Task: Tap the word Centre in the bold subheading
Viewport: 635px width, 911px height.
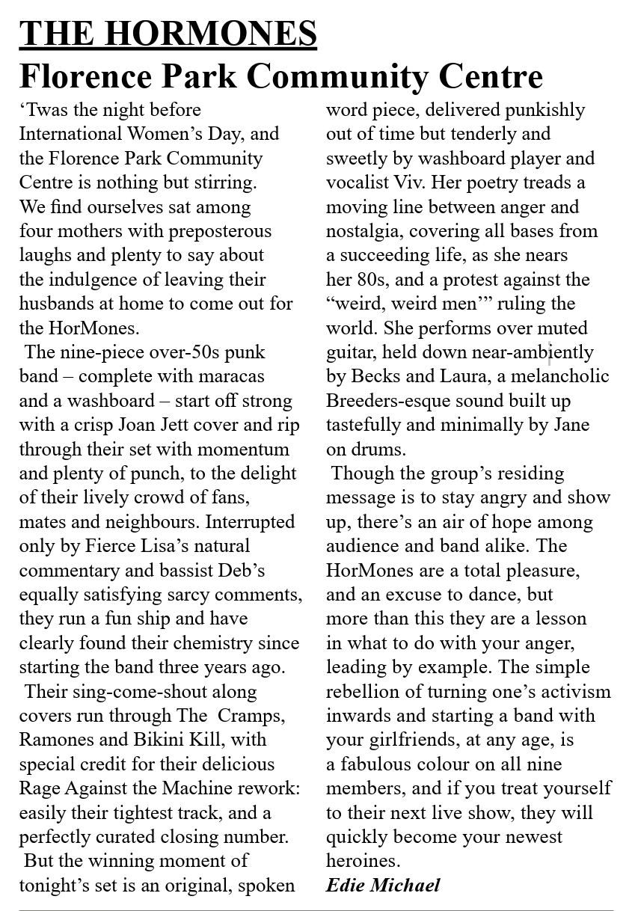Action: coord(491,76)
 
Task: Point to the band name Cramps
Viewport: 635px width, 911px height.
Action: coord(252,716)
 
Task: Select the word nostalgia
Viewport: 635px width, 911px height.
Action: coord(365,231)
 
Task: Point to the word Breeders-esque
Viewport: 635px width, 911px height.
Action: coord(385,401)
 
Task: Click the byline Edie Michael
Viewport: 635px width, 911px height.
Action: coord(383,886)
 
